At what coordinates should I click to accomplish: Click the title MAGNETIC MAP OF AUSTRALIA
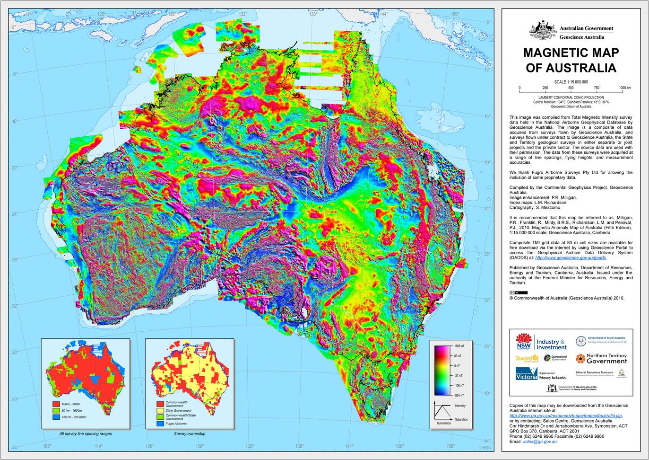coord(571,60)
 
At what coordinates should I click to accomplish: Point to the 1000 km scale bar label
coord(625,88)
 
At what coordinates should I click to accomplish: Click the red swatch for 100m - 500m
coord(55,403)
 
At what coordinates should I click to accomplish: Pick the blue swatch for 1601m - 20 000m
coord(55,417)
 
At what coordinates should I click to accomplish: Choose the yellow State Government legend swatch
coord(159,410)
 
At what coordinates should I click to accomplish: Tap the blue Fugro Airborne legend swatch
coord(159,424)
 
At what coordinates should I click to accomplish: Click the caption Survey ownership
coord(189,433)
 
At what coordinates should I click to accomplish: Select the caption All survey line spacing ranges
coord(85,433)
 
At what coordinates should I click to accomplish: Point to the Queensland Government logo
coord(555,358)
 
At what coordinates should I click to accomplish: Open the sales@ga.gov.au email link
coord(540,442)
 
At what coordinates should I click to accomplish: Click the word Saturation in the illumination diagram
coord(461,420)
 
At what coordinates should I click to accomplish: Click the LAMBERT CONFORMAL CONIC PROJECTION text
coord(571,97)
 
